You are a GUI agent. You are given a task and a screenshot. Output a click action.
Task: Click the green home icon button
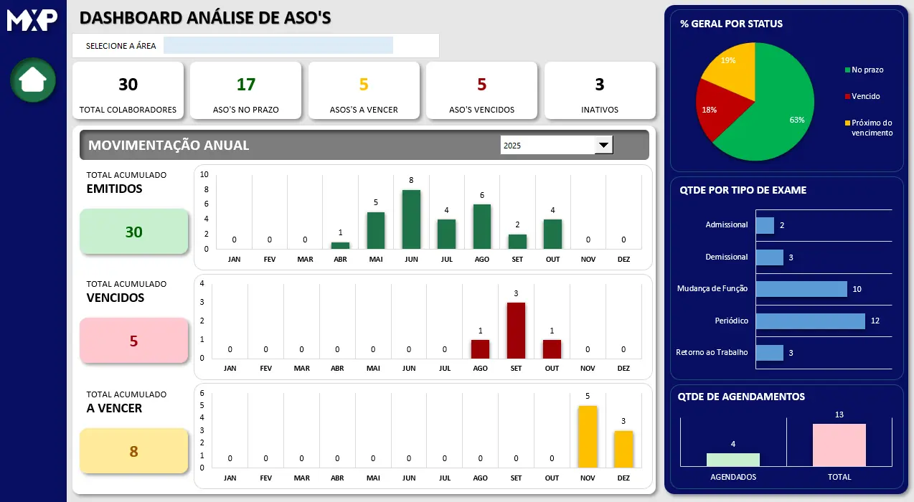point(33,80)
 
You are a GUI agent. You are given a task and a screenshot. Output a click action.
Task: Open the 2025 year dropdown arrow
point(604,146)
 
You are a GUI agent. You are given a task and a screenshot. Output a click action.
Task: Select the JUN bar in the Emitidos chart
point(410,219)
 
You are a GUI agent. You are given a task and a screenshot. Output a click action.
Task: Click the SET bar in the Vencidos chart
point(516,331)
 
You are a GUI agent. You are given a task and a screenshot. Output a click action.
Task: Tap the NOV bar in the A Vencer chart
point(588,436)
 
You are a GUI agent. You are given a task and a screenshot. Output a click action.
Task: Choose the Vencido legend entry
point(865,96)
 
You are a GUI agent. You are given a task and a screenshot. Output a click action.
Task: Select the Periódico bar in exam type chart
point(810,321)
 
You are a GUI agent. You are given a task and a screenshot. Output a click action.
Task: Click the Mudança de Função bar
point(801,289)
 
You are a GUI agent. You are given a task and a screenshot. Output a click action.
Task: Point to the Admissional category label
point(726,224)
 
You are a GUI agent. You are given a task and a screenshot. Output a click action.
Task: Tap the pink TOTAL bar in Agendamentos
point(839,445)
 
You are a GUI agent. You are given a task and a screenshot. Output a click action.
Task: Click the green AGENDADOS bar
point(732,460)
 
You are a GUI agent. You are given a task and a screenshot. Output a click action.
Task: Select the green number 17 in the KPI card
point(246,85)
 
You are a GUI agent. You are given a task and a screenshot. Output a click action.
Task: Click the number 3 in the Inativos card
point(600,85)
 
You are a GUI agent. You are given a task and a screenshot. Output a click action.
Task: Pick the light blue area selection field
point(278,46)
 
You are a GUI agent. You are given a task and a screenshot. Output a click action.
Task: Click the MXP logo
point(32,19)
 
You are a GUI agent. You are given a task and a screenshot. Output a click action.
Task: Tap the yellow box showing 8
point(133,451)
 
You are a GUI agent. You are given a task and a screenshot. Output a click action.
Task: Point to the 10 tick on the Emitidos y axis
point(204,174)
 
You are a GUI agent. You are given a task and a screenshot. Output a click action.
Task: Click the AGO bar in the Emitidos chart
point(481,227)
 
